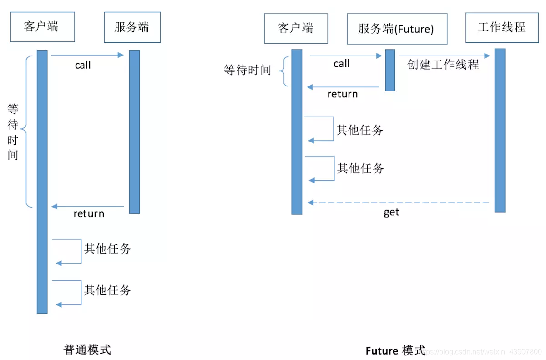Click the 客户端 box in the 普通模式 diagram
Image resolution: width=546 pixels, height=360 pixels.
pos(42,27)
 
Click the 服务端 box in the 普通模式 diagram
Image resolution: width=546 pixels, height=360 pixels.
pos(132,27)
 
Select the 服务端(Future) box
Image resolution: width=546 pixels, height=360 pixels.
pos(396,29)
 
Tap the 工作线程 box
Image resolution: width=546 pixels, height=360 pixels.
pos(501,27)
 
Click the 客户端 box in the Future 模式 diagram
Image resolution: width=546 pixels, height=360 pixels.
pos(296,28)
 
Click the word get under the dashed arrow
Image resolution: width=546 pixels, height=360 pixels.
pos(391,213)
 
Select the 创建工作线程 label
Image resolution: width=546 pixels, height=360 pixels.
pos(443,65)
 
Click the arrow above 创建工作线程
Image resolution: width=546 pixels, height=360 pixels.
pos(445,56)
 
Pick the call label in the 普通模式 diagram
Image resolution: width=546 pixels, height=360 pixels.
pos(83,66)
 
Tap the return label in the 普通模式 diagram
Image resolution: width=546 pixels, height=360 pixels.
pos(89,213)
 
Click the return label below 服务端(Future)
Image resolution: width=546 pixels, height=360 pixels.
pos(343,94)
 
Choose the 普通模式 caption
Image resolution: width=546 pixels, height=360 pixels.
pos(87,350)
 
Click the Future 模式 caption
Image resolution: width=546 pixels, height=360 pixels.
pos(395,350)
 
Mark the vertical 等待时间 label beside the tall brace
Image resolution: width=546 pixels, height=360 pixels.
pos(13,132)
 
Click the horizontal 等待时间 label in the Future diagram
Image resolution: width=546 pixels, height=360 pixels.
pos(247,70)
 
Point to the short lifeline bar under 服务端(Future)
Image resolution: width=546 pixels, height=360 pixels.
pos(390,70)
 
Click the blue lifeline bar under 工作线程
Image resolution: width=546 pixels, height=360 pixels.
pos(500,130)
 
